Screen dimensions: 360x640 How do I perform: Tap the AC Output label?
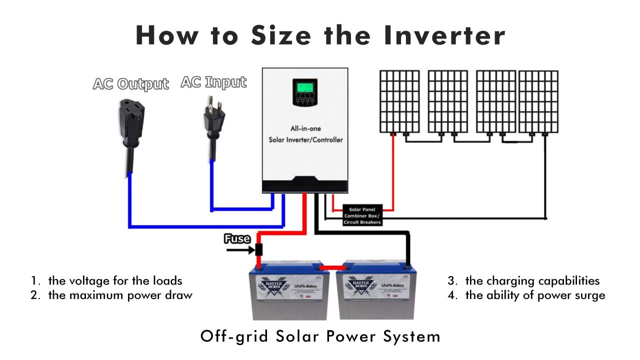(130, 83)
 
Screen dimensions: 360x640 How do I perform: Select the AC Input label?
(213, 82)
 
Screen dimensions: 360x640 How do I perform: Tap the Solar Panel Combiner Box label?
(362, 215)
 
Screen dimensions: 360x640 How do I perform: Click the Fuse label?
(237, 239)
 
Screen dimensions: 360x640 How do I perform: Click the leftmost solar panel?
(398, 102)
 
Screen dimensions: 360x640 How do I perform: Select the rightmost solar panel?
(538, 102)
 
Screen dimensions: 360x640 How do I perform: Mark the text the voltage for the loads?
(115, 280)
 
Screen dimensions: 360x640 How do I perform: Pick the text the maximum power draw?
(120, 295)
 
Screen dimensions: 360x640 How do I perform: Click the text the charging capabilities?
(532, 280)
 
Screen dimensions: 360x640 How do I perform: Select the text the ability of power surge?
(535, 295)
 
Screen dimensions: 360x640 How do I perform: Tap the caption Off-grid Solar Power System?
(320, 336)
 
